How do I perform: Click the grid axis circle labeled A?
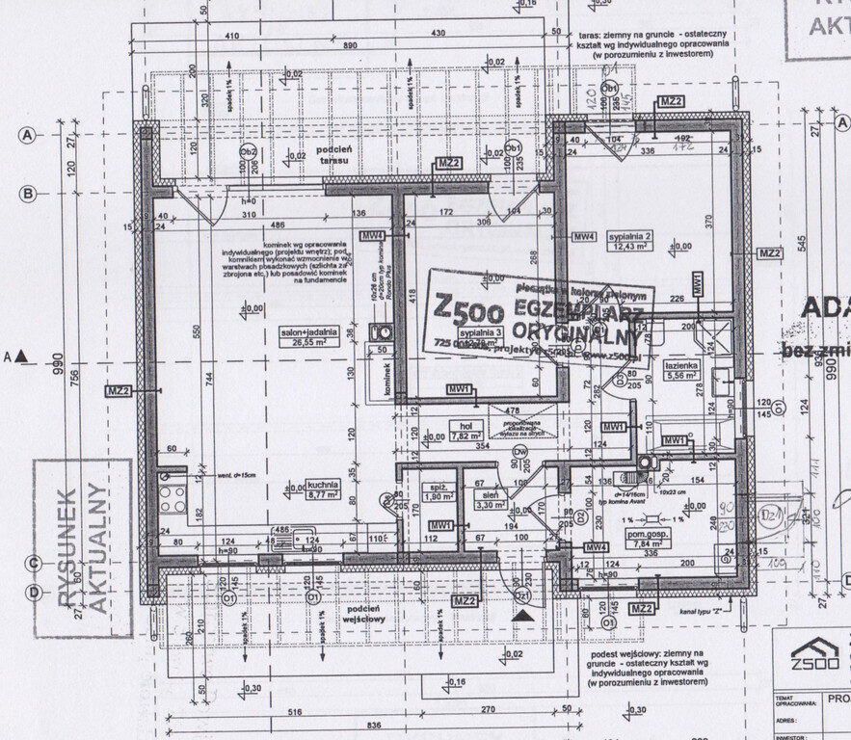[28, 135]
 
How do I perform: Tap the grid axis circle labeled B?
[28, 194]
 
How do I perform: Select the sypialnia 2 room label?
[631, 240]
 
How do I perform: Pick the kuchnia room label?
[322, 489]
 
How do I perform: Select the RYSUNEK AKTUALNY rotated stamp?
[83, 548]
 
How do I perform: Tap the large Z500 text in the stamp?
[468, 310]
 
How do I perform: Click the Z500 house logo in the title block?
[814, 655]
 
